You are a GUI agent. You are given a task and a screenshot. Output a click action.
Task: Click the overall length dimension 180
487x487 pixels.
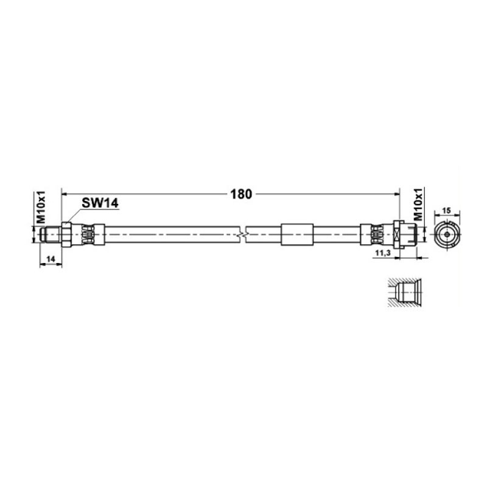(241, 194)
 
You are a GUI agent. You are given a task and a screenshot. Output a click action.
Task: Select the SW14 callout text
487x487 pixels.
(100, 203)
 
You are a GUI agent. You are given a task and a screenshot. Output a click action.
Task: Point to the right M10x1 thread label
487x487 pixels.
(419, 204)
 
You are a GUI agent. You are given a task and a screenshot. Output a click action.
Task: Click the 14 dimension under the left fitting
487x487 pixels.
(51, 258)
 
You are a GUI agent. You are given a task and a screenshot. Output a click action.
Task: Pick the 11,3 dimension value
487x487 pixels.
(383, 253)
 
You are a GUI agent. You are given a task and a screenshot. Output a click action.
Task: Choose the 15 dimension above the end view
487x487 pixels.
(446, 211)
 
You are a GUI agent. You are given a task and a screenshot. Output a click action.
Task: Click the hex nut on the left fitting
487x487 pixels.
(66, 234)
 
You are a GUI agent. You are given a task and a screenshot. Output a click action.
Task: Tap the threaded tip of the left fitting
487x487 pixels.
(51, 234)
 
